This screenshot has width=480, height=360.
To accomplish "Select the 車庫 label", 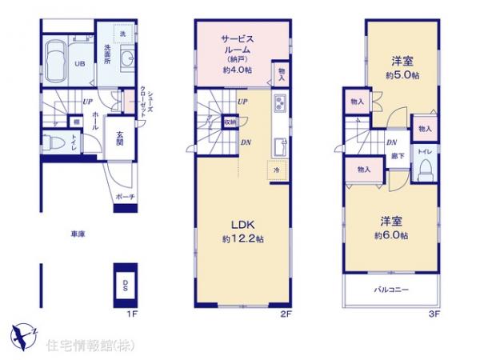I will pyautogui.click(x=78, y=234).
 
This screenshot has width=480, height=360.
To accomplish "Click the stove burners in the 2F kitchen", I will pyautogui.click(x=282, y=104).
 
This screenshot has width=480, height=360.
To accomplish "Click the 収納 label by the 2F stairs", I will pyautogui.click(x=230, y=122).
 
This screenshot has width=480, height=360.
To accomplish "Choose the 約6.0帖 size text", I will pyautogui.click(x=391, y=235).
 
